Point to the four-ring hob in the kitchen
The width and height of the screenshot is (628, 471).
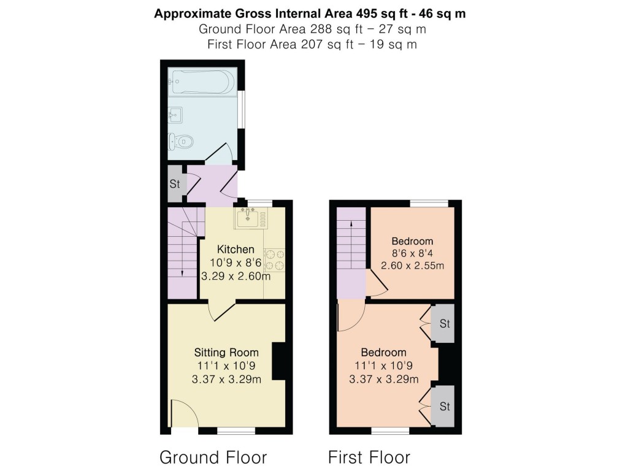[275, 259]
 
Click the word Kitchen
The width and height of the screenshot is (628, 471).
[236, 250]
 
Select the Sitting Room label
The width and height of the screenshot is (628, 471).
[226, 353]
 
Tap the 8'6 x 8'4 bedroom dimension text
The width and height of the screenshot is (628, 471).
[413, 253]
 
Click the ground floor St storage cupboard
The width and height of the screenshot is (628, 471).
[174, 184]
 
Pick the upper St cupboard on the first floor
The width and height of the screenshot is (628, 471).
[445, 323]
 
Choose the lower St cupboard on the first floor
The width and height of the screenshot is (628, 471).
[445, 406]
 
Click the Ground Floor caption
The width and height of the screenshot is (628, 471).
[213, 458]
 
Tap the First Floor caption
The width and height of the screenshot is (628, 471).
[369, 458]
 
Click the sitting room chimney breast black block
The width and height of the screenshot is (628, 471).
[278, 361]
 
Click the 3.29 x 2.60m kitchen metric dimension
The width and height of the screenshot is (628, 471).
[236, 277]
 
